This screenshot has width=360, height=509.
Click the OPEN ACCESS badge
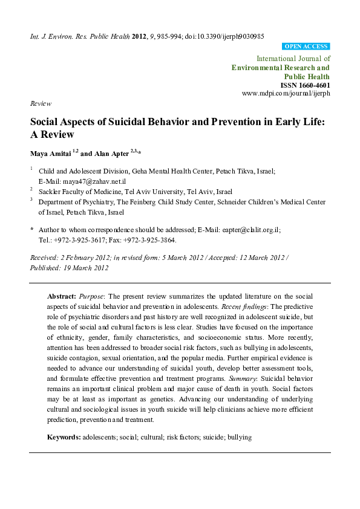[306, 47]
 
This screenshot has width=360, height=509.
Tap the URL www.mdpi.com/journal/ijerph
[286, 94]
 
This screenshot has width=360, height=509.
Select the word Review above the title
[41, 104]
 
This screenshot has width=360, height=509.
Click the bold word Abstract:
[61, 297]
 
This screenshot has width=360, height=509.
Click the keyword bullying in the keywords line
[239, 436]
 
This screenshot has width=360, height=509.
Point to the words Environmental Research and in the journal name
[281, 68]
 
